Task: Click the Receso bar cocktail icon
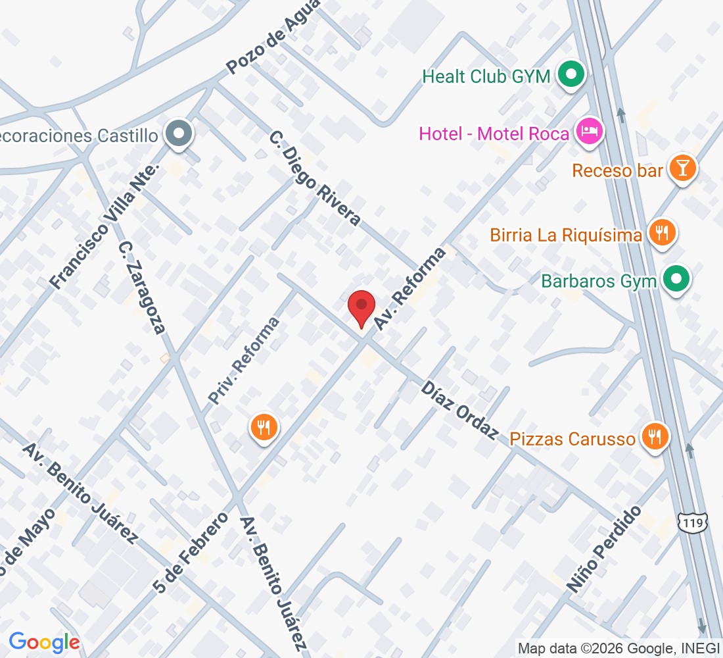682,169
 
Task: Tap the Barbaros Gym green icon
676,280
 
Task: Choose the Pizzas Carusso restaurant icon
654,436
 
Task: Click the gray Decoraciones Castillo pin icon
178,135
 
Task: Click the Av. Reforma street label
409,289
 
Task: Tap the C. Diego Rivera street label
315,178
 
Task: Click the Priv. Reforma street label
244,361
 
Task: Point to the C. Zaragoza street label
141,287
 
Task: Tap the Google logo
44,642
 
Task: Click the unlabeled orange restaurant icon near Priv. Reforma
264,428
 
